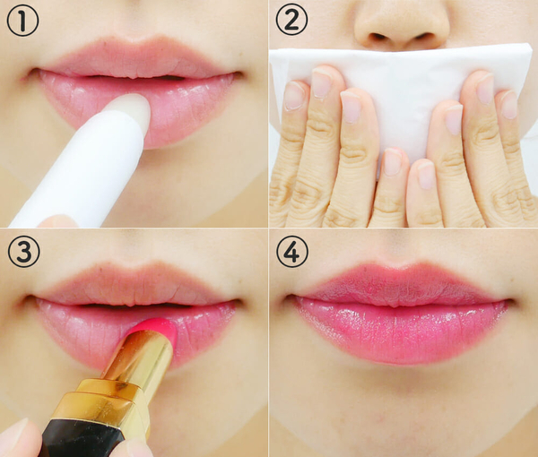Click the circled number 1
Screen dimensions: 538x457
22,21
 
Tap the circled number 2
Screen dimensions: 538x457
291,19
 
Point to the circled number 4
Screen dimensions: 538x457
292,251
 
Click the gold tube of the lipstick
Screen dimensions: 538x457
127,377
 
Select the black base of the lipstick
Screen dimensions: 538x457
79,439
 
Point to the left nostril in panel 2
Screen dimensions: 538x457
378,36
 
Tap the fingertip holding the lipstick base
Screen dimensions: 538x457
17,439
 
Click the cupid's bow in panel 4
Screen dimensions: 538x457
398,267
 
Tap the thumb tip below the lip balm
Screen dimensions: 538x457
57,222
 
